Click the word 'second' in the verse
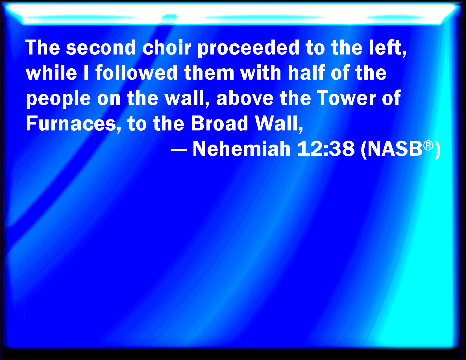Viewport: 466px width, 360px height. click(101, 47)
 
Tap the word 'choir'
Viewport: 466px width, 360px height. click(166, 47)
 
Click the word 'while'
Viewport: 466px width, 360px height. click(51, 72)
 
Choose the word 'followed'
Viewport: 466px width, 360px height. click(136, 72)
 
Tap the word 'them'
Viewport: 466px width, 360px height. click(209, 72)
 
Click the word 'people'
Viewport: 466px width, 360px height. click(58, 99)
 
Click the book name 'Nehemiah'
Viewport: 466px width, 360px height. click(241, 149)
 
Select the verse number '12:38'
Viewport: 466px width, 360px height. click(326, 149)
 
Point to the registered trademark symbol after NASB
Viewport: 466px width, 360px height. click(428, 146)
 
